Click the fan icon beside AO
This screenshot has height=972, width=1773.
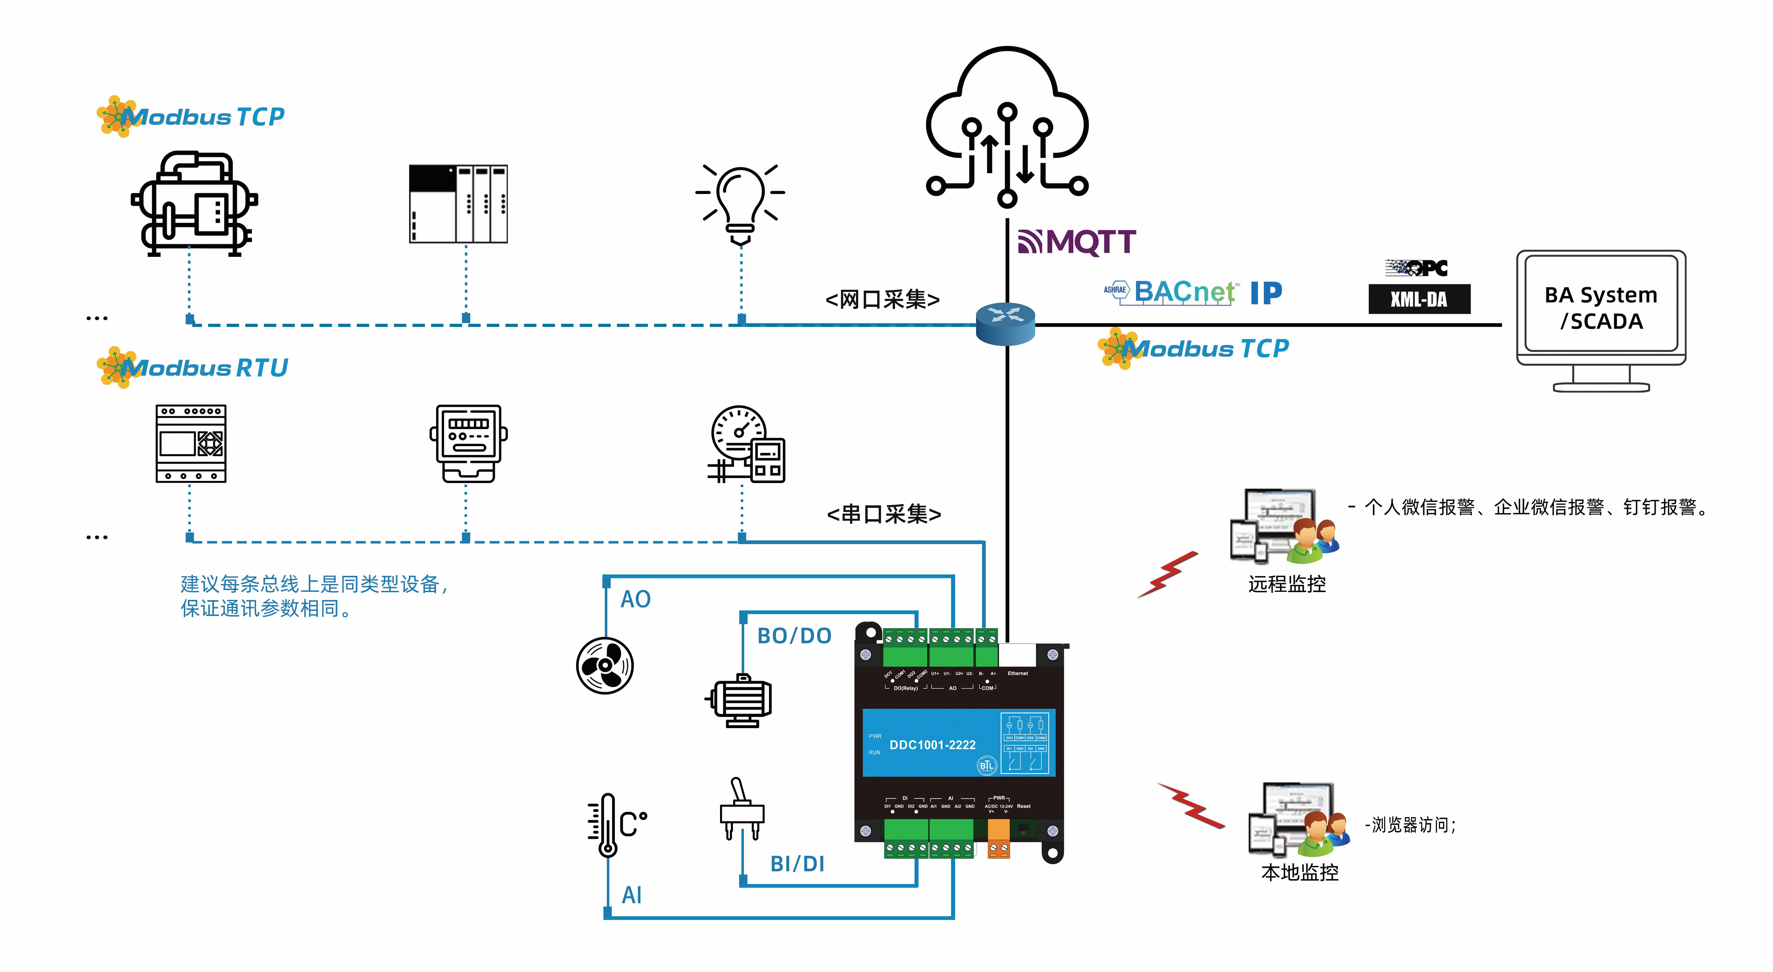605,666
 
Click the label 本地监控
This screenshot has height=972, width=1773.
1299,873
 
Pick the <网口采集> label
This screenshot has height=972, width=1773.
882,299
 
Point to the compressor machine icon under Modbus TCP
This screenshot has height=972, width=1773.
194,205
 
